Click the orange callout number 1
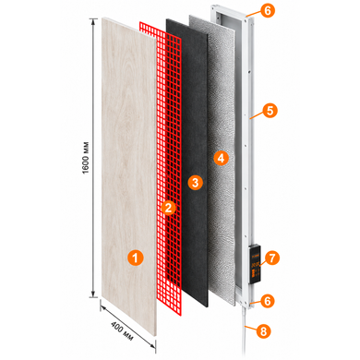pyautogui.click(x=136, y=258)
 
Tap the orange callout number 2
pyautogui.click(x=169, y=208)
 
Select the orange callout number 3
pyautogui.click(x=195, y=182)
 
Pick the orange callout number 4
pyautogui.click(x=221, y=158)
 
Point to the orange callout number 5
pyautogui.click(x=270, y=111)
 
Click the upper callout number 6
pyautogui.click(x=267, y=10)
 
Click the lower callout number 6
pyautogui.click(x=267, y=301)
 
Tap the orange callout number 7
pyautogui.click(x=271, y=258)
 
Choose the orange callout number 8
pyautogui.click(x=263, y=331)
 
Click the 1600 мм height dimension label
pyautogui.click(x=86, y=158)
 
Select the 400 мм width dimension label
pyautogui.click(x=122, y=331)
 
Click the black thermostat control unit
pyautogui.click(x=256, y=263)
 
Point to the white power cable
pyautogui.click(x=245, y=332)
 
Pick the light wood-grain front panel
pyautogui.click(x=128, y=175)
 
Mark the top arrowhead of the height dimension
pyautogui.click(x=93, y=21)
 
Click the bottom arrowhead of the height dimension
pyautogui.click(x=93, y=294)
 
